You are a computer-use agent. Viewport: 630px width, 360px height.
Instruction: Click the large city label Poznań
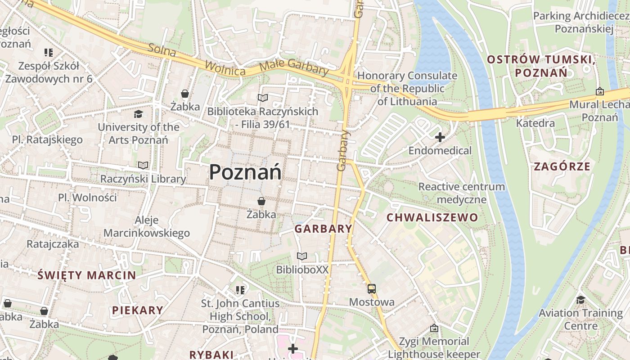pyautogui.click(x=246, y=172)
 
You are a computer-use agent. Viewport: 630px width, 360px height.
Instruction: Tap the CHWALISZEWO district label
pyautogui.click(x=432, y=218)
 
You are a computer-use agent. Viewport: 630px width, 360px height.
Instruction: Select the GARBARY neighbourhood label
pyautogui.click(x=324, y=229)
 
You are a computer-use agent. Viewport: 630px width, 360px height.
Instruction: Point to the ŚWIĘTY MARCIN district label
pyautogui.click(x=86, y=275)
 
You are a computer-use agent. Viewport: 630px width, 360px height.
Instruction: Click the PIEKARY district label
pyautogui.click(x=138, y=310)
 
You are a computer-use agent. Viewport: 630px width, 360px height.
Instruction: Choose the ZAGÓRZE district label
pyautogui.click(x=562, y=166)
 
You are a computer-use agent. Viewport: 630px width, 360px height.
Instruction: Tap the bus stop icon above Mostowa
pyautogui.click(x=372, y=289)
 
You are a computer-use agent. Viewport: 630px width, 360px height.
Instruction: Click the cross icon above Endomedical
pyautogui.click(x=440, y=137)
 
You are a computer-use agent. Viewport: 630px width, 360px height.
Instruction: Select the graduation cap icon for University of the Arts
pyautogui.click(x=138, y=114)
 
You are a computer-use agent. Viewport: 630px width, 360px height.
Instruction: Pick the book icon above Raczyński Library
pyautogui.click(x=143, y=166)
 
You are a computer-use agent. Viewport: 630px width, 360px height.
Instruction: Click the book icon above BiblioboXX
pyautogui.click(x=302, y=256)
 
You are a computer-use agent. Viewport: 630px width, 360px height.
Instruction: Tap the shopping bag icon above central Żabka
pyautogui.click(x=261, y=201)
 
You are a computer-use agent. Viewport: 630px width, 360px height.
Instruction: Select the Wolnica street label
pyautogui.click(x=225, y=68)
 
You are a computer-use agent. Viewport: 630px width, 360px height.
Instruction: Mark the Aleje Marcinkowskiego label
pyautogui.click(x=147, y=226)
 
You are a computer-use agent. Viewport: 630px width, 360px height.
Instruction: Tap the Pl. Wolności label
pyautogui.click(x=87, y=197)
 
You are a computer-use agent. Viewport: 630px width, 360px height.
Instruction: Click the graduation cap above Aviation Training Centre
pyautogui.click(x=580, y=300)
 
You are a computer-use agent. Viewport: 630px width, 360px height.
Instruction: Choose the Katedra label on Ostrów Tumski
pyautogui.click(x=535, y=123)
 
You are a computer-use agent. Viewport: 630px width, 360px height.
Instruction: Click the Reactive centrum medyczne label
pyautogui.click(x=462, y=193)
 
